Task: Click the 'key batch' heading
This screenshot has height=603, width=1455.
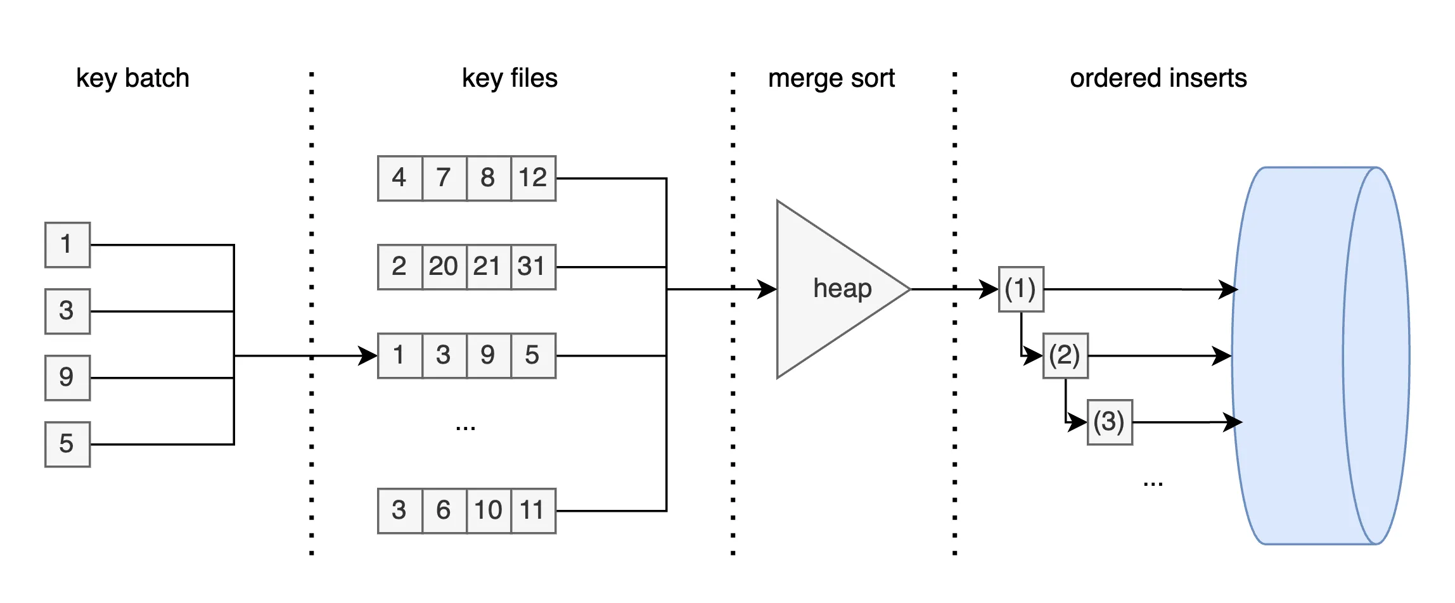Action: [132, 78]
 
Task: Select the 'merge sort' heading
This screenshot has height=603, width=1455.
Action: [831, 78]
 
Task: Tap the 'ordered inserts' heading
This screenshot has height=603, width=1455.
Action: [1158, 78]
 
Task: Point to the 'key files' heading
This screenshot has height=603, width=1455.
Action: [510, 78]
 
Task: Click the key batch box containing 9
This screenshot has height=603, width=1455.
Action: [67, 378]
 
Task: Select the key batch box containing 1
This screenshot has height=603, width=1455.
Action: [67, 244]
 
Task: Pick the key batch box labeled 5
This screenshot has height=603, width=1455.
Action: [67, 444]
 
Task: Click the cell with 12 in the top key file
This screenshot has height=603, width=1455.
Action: [533, 178]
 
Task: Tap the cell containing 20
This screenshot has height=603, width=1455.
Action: [444, 267]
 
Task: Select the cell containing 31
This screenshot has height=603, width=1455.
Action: [532, 267]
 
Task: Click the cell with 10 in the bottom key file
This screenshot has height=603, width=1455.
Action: [489, 511]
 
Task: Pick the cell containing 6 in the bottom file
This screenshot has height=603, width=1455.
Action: [444, 511]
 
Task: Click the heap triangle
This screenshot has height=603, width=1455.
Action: [830, 289]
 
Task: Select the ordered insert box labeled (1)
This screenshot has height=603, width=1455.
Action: [1020, 289]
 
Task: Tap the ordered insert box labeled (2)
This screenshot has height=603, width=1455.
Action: [1065, 356]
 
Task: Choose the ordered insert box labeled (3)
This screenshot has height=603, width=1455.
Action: [1109, 422]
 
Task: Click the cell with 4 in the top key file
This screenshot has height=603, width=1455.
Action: [399, 178]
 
